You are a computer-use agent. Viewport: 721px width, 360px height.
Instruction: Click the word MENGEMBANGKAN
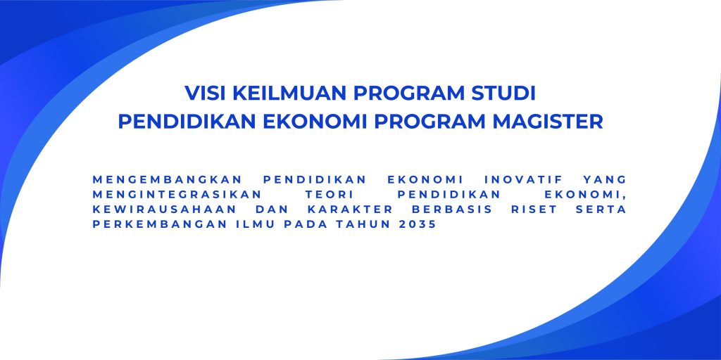point(167,179)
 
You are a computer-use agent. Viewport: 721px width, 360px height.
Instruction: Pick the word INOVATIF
point(523,179)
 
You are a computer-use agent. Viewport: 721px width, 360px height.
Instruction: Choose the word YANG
point(605,179)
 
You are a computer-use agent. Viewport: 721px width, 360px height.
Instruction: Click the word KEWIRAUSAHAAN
point(165,210)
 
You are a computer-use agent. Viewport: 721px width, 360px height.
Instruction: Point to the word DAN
point(271,210)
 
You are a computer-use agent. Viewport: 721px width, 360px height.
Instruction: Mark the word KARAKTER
point(349,210)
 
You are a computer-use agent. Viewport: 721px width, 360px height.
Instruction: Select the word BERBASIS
point(452,210)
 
